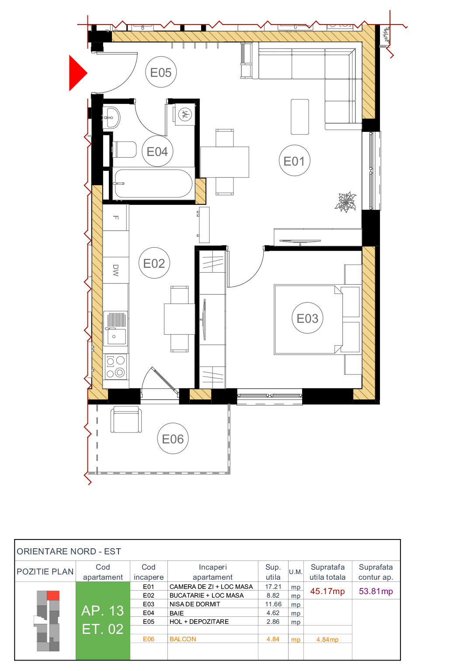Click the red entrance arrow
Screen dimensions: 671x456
coord(77,73)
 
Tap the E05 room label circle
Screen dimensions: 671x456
coord(160,73)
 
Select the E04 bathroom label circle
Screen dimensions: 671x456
coord(157,152)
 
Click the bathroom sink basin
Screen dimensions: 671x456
coord(111,117)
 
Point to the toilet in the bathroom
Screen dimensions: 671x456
coord(124,149)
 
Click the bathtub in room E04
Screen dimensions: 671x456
coord(153,184)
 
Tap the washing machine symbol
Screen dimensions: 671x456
coord(185,115)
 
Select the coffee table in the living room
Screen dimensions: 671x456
coord(299,117)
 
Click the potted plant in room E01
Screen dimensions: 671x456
coord(346,202)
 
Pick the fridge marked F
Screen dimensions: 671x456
coord(115,217)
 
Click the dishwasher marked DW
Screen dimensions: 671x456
coord(115,270)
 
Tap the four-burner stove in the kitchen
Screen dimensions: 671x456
coord(115,367)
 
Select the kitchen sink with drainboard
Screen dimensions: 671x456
coord(116,328)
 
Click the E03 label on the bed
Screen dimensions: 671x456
coord(307,318)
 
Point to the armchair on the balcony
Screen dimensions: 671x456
coord(126,419)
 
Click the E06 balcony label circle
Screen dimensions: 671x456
coord(173,439)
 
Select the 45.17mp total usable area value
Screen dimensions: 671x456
coord(327,591)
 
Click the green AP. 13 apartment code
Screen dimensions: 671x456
coord(103,610)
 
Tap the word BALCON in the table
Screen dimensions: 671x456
coord(183,639)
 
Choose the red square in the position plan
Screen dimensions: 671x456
coord(53,595)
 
